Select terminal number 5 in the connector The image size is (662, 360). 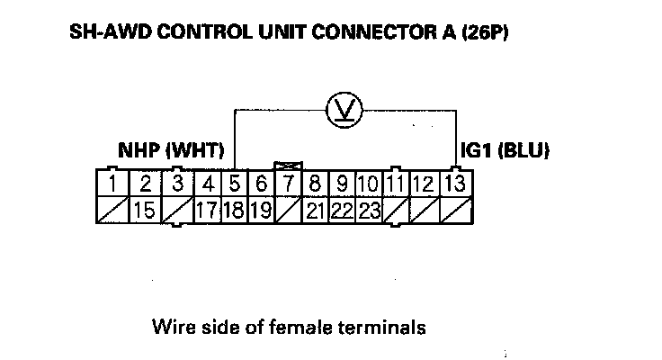pos(235,185)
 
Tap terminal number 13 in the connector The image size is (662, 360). pos(455,185)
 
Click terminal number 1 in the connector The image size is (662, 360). pos(111,185)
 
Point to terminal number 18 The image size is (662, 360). pos(235,211)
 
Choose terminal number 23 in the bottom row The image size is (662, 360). pos(369,211)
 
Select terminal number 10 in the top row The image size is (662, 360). pos(367,185)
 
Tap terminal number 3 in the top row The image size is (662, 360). pos(178,185)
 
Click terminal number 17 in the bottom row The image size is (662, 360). pos(208,211)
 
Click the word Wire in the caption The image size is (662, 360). pos(171,326)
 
